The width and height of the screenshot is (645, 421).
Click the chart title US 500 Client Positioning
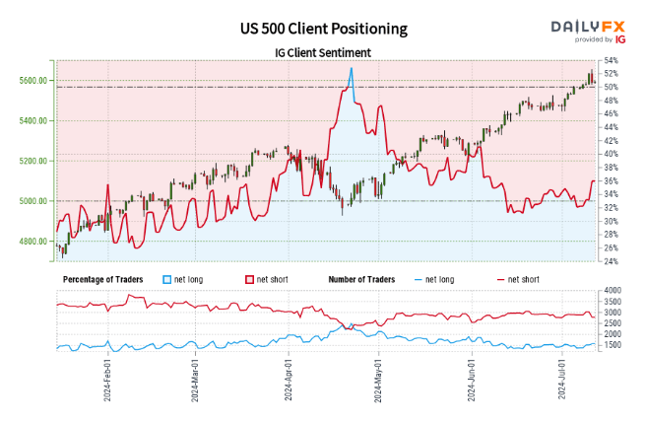pos(323,31)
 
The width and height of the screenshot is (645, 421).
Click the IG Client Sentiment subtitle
pos(323,52)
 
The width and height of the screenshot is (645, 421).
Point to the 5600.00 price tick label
pos(33,80)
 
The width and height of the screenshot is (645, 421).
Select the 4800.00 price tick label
pos(33,242)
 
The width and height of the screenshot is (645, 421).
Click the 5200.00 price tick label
pos(33,161)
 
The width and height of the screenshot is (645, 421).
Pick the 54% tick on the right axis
pos(612,60)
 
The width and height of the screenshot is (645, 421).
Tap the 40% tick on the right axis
pos(612,154)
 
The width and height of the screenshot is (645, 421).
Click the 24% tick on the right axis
pos(612,261)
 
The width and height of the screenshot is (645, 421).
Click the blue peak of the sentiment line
pos(351,68)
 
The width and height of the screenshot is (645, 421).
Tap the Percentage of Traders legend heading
pos(102,280)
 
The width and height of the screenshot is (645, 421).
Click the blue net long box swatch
pos(168,280)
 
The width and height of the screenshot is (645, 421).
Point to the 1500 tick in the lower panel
pos(613,346)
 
